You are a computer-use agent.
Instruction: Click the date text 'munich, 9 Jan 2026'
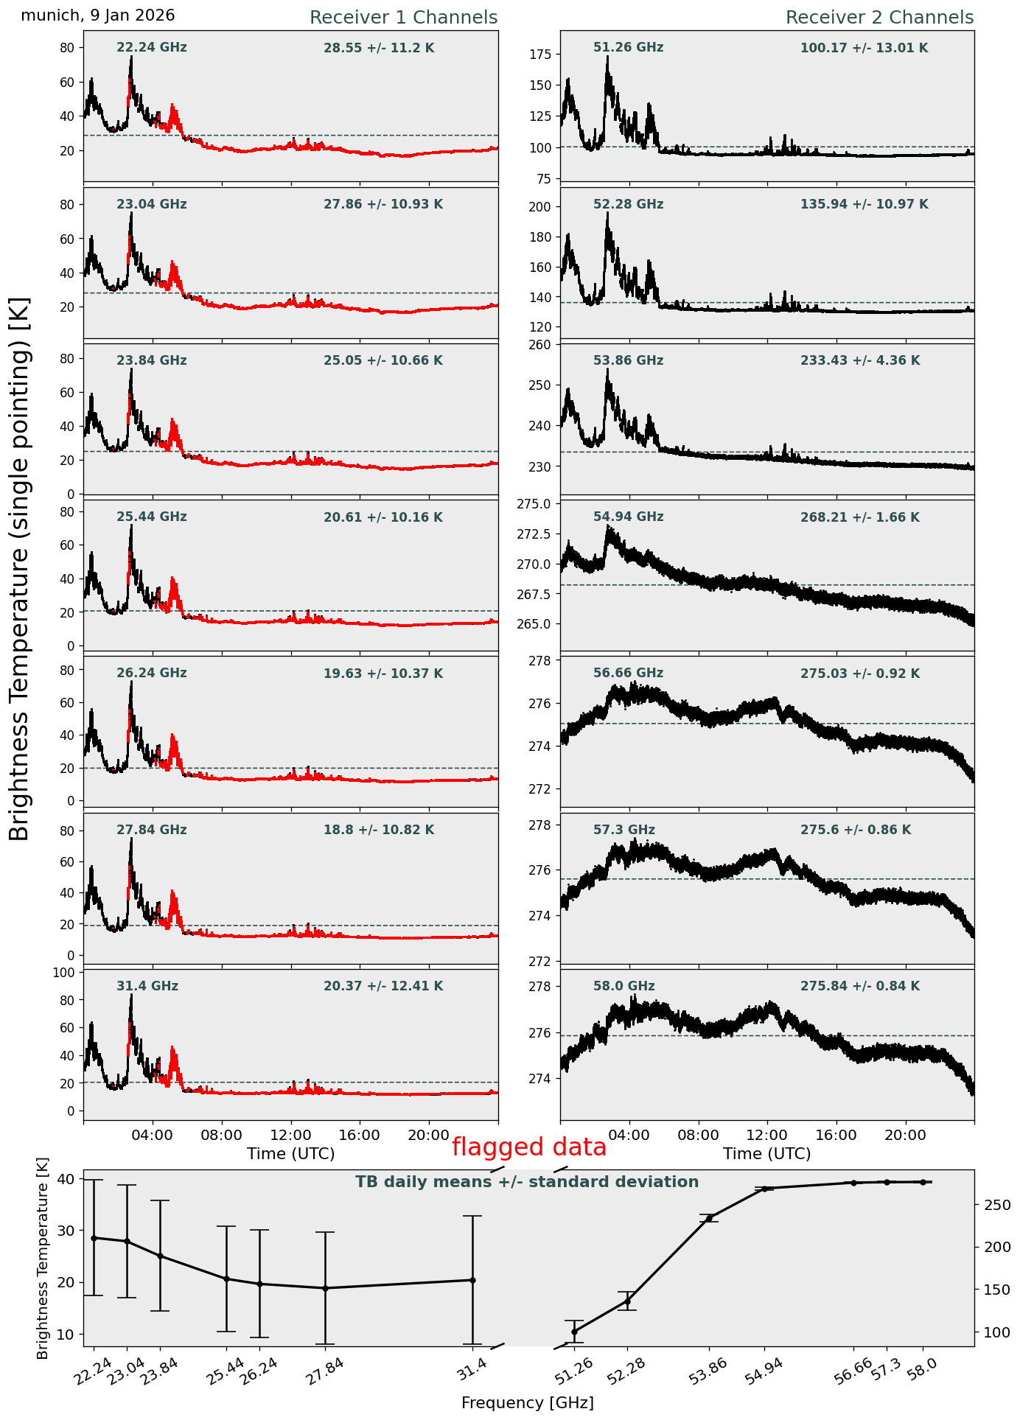[x=98, y=15]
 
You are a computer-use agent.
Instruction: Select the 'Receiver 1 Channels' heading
[x=403, y=18]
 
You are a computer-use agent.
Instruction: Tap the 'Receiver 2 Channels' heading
[x=879, y=18]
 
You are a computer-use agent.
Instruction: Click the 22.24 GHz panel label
[x=152, y=48]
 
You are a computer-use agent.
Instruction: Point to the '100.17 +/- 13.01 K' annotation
[x=864, y=49]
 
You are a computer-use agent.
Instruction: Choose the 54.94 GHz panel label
[x=628, y=517]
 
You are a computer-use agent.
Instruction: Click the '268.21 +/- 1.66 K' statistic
[x=859, y=518]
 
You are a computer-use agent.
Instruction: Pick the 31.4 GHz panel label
[x=147, y=986]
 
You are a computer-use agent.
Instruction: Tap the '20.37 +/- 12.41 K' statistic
[x=383, y=987]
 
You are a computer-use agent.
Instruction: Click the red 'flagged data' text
[x=529, y=1147]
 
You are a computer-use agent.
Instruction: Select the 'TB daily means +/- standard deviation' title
[x=527, y=1182]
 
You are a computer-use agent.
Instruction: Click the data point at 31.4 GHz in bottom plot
[x=472, y=1280]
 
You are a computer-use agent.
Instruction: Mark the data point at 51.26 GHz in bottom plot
[x=575, y=1332]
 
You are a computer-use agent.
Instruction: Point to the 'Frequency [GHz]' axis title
[x=527, y=1403]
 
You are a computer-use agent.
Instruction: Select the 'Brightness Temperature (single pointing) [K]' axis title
[x=20, y=569]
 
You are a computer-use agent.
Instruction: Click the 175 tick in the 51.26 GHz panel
[x=542, y=55]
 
